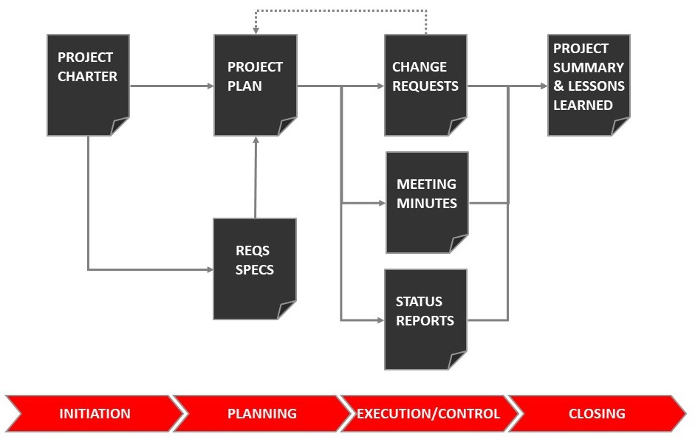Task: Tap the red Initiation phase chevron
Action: coord(95,413)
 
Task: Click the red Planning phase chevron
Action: coord(261,413)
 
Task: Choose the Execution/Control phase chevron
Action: coord(428,413)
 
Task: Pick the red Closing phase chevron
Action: coord(597,413)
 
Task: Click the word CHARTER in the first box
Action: coord(87,76)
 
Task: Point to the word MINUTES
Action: coord(427,203)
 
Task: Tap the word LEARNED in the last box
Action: coord(583,105)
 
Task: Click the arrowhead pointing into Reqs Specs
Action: coord(209,269)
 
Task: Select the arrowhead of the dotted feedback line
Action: coord(256,30)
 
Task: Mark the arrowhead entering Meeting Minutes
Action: coord(381,202)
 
